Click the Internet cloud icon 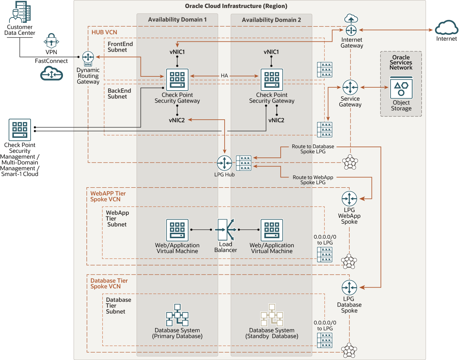(446, 28)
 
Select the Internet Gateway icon (351, 30)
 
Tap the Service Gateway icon (350, 87)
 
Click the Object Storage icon (401, 87)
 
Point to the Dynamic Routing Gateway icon (88, 58)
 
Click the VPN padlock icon (51, 41)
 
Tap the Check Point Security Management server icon (20, 130)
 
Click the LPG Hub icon (224, 163)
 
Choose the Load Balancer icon (226, 229)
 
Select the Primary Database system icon (177, 315)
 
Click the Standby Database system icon (272, 315)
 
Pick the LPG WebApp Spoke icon (349, 199)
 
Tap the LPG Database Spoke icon (349, 287)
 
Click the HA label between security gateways (224, 76)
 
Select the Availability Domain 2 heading (271, 20)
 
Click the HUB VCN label (104, 32)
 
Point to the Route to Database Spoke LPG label (313, 149)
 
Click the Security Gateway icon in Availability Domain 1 (177, 80)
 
